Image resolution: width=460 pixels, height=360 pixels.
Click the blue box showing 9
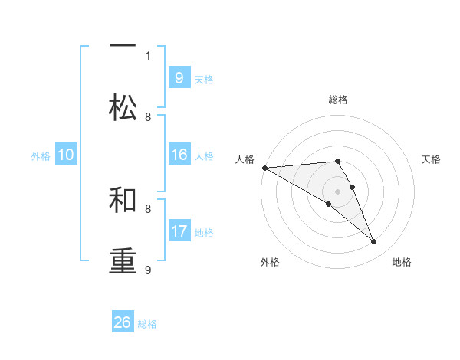(179, 77)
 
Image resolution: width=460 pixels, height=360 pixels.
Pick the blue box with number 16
(179, 155)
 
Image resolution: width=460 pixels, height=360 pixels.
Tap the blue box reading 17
(179, 231)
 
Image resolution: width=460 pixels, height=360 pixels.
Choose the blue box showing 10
(66, 155)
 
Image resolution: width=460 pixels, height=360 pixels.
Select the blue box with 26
(123, 322)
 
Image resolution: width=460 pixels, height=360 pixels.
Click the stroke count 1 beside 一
(148, 55)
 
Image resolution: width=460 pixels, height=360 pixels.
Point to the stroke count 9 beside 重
(148, 270)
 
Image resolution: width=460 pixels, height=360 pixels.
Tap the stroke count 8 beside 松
(148, 116)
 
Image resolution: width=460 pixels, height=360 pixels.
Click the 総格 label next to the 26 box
(147, 324)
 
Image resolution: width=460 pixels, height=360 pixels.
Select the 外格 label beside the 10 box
(41, 156)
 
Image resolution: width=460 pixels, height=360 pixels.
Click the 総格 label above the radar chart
(337, 100)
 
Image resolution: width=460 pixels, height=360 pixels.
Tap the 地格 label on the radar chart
(402, 263)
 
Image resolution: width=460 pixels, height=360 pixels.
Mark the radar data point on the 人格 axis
(264, 168)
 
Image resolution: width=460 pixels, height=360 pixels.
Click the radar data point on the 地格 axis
(373, 242)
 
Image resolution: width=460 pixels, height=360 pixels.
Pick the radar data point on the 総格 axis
(337, 161)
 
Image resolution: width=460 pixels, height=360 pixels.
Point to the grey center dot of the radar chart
(337, 191)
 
